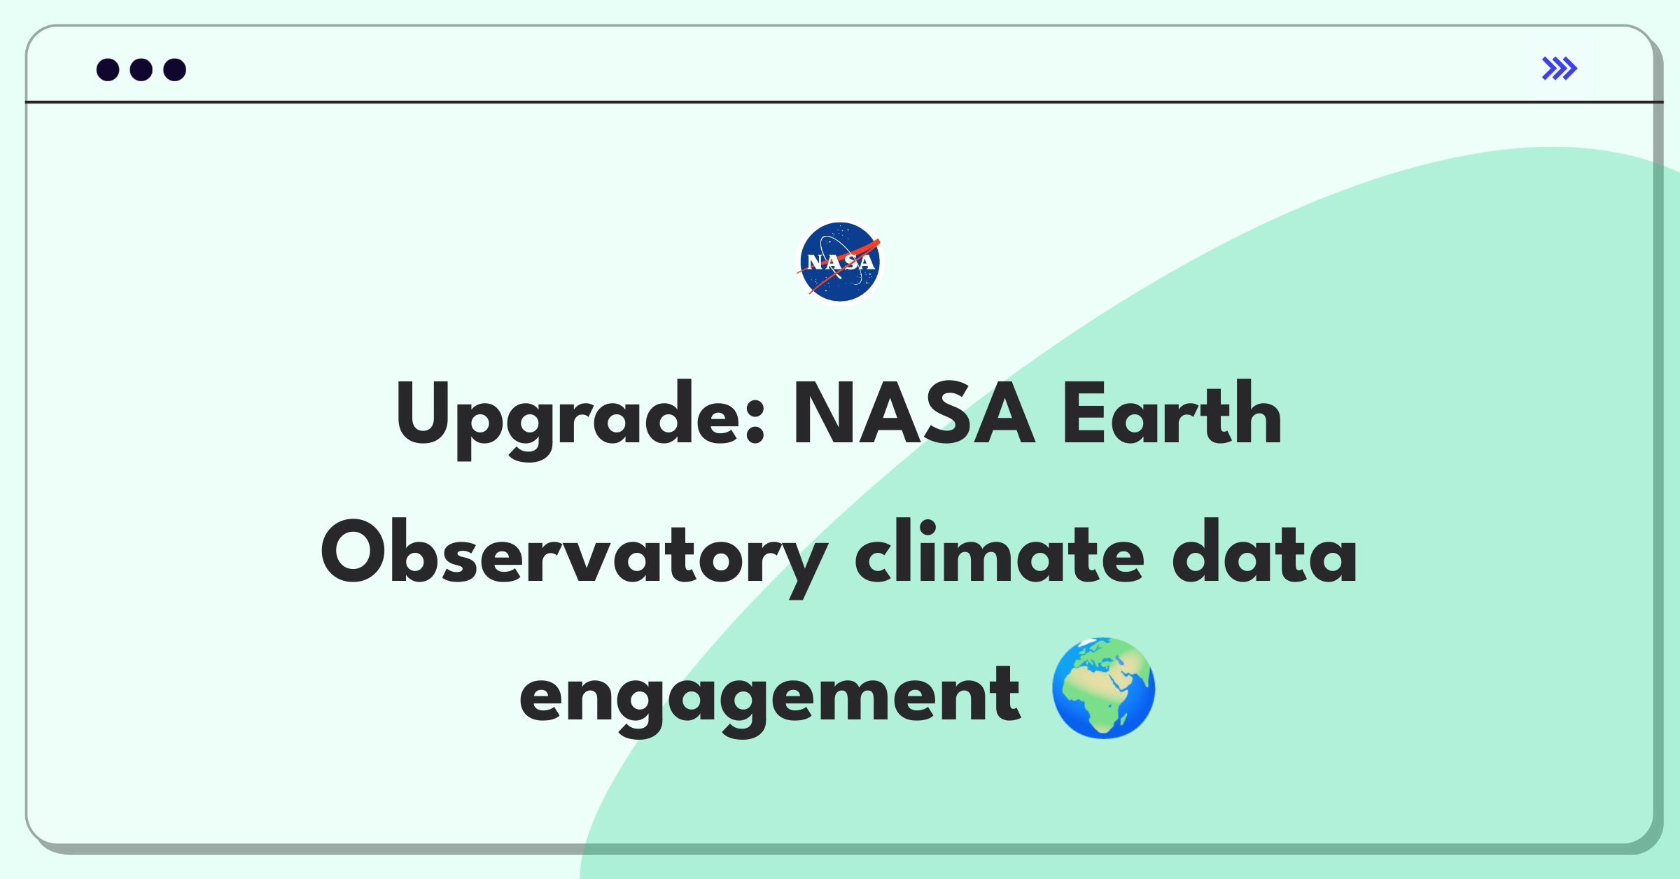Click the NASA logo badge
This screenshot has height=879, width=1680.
(x=840, y=262)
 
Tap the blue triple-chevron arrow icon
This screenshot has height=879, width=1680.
(x=1559, y=69)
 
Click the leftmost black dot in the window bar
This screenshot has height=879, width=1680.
(x=108, y=69)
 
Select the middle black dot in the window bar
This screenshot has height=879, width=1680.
(x=141, y=69)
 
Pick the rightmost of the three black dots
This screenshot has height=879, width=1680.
(x=175, y=69)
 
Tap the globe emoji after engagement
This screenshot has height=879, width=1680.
(x=1104, y=687)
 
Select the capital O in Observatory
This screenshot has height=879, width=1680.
(x=354, y=551)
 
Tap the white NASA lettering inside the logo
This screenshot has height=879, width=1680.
(x=841, y=262)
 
